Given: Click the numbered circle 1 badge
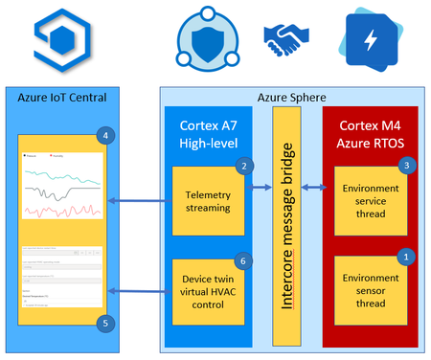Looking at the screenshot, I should point(405,257).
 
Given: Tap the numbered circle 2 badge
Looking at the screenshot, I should point(245,166).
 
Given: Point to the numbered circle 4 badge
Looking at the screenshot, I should point(104,135).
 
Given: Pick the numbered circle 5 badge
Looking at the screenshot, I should point(104,322).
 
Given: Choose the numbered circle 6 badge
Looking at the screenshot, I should point(245,259).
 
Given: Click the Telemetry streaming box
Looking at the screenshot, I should point(209,201).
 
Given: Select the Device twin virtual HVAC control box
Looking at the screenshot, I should point(209,291).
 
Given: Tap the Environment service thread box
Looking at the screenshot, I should point(370,201).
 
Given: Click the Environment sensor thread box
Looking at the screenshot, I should point(370,291).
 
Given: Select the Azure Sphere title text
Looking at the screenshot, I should point(291,97).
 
